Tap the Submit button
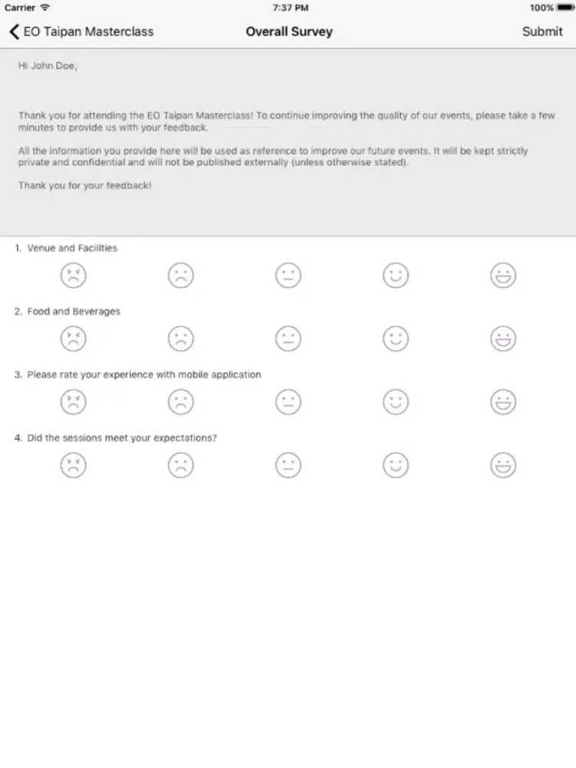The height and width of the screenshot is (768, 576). coord(542,31)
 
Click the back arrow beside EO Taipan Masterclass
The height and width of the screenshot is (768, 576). coord(14,31)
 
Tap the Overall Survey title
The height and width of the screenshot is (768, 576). coord(289,31)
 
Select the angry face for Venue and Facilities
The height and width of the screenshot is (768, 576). coord(74,276)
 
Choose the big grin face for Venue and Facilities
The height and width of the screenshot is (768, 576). coord(503,276)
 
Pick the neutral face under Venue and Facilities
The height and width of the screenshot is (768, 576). coord(289,276)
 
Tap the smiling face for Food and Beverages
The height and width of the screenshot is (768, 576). coord(396,339)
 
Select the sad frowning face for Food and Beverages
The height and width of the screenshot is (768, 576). coord(181,339)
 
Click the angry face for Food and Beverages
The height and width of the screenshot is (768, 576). coord(74,339)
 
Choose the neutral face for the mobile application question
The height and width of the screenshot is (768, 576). coord(289,402)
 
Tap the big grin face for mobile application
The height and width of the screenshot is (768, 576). coord(503,402)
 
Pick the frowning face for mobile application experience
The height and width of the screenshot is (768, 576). coord(181,402)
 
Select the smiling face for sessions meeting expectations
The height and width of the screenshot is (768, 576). coord(396,465)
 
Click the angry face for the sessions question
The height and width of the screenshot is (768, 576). coord(74,465)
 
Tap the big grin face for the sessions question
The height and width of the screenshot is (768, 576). coord(503,465)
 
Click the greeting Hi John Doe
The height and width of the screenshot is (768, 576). coord(48,66)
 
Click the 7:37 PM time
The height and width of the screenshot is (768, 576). coord(290,8)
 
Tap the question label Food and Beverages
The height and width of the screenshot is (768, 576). coord(74,311)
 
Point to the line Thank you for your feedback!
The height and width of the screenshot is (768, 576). coord(84,186)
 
